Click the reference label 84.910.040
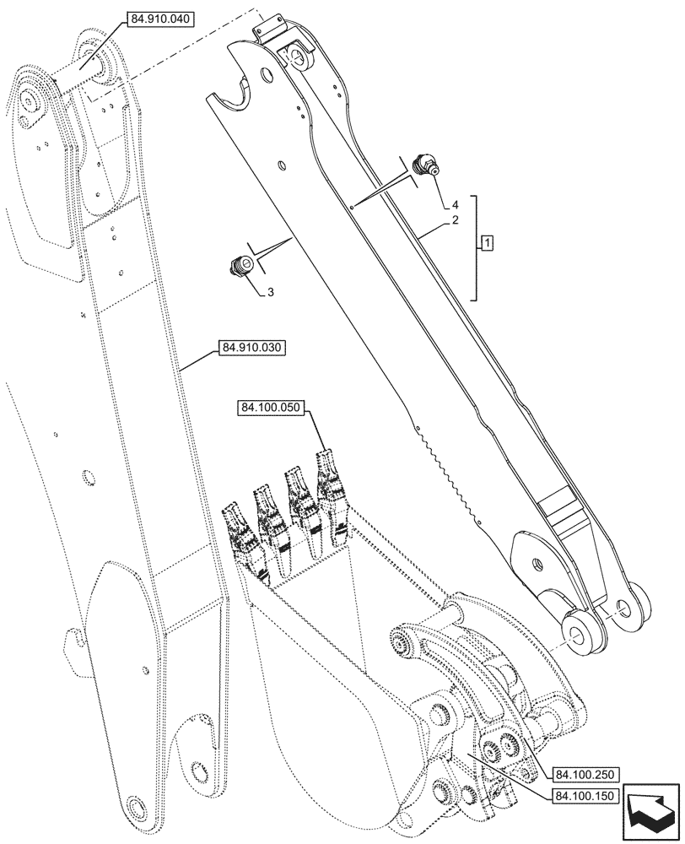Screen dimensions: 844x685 (x=160, y=18)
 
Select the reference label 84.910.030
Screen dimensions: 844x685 (x=253, y=348)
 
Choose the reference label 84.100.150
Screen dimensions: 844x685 (x=586, y=796)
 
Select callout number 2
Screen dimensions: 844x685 (x=455, y=220)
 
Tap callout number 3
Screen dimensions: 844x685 (x=270, y=292)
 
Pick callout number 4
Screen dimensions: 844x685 (x=455, y=204)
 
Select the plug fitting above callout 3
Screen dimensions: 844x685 (x=240, y=267)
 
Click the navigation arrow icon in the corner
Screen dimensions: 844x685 (x=650, y=811)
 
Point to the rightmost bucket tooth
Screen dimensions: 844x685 (x=331, y=490)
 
